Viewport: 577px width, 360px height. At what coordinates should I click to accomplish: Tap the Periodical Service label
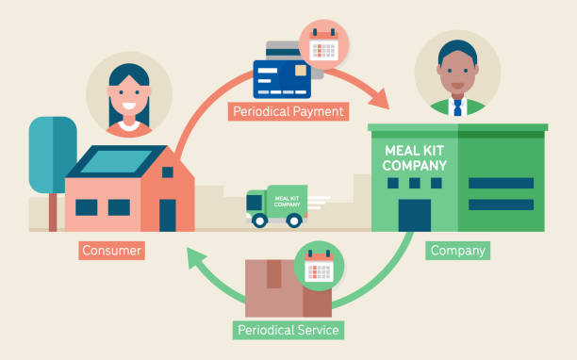click(288, 330)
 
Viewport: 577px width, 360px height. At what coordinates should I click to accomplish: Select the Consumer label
click(111, 251)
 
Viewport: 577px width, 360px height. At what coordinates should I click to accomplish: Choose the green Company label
click(458, 251)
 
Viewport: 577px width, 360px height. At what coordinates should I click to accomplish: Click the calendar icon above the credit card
click(323, 43)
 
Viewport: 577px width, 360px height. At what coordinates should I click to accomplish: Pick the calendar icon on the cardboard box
click(320, 266)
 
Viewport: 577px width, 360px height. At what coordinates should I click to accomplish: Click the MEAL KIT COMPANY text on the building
click(415, 158)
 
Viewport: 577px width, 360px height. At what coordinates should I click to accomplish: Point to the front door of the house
click(168, 215)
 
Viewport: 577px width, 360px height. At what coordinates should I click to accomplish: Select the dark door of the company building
click(414, 215)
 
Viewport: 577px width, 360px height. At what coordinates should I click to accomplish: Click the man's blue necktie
click(457, 107)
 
